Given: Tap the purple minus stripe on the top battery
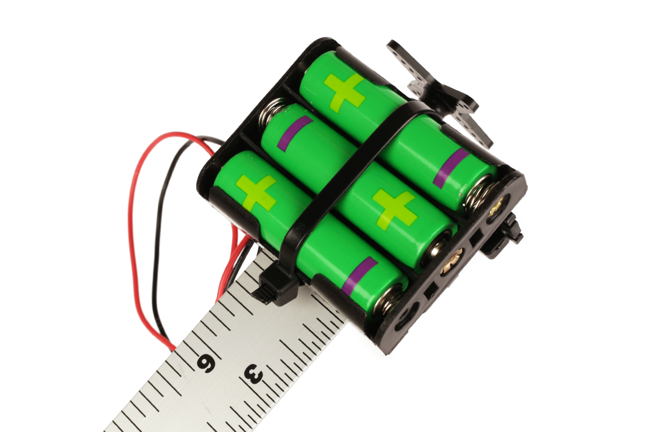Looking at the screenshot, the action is click(451, 168).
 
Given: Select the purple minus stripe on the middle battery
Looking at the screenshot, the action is click(295, 133).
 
